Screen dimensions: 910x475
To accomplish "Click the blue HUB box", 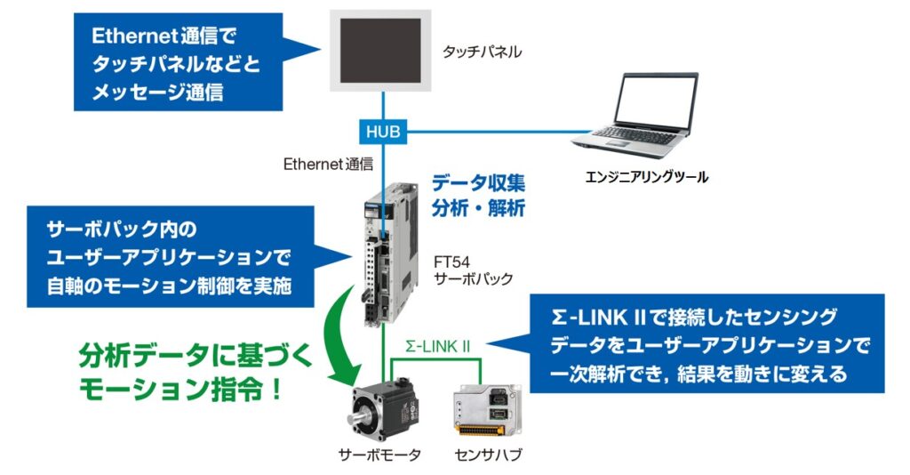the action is point(383,132).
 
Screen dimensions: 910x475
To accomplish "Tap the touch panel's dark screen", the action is point(380,51).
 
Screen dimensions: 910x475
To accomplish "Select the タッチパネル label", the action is point(482,52).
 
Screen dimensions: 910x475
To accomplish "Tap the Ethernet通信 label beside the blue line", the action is point(328,165).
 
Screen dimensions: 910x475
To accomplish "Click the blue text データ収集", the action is point(478,183).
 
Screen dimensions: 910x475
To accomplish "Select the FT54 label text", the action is point(451,262).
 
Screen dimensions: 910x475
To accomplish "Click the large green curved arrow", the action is point(346,334).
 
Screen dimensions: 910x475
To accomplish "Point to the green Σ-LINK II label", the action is point(437,347).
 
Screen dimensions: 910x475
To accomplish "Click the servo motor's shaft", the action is point(355,419).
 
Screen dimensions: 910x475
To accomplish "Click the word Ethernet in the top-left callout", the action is point(134,36).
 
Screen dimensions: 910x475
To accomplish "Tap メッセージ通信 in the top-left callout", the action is point(157,93).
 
